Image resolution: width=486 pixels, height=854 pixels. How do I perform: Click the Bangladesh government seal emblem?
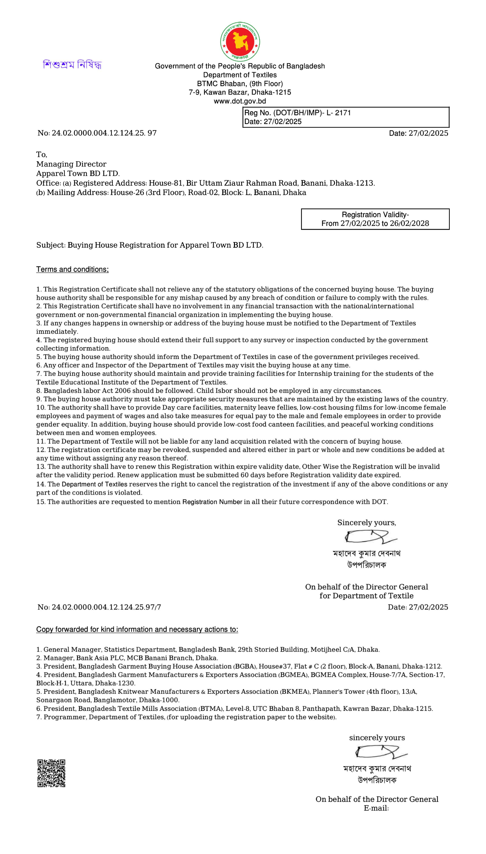[240, 42]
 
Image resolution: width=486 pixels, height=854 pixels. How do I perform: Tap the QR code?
[51, 773]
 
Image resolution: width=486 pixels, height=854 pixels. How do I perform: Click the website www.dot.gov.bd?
[240, 101]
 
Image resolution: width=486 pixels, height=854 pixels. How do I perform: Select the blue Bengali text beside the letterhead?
[72, 64]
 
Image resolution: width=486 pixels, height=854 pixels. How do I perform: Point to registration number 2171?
[343, 113]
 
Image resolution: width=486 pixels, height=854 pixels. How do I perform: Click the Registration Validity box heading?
[375, 215]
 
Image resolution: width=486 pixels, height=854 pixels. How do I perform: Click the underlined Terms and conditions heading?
[72, 269]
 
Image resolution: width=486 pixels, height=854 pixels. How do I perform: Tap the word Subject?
[51, 245]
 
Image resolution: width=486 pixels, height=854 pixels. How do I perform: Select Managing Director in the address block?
[71, 164]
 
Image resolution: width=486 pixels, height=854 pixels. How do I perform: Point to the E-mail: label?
[376, 808]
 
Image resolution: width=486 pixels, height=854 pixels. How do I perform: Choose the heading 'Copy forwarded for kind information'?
[137, 629]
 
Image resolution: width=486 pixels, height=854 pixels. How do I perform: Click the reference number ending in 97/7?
[106, 607]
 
